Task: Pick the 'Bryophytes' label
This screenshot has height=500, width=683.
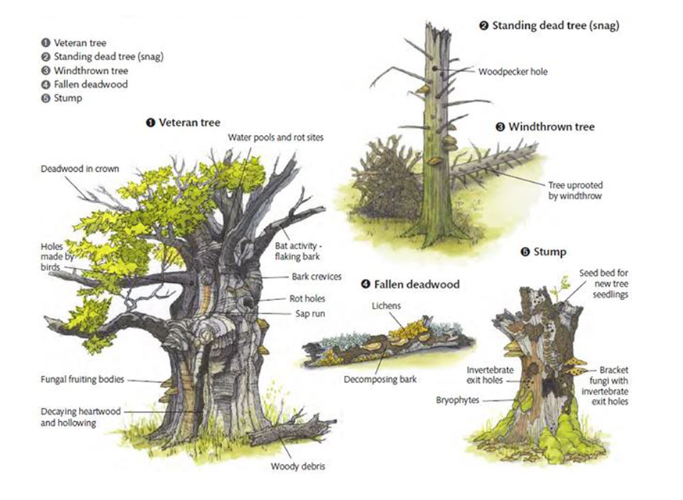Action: click(x=458, y=399)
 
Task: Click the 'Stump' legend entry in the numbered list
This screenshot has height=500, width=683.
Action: click(x=68, y=98)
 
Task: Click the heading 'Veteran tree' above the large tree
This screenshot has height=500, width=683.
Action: click(x=188, y=122)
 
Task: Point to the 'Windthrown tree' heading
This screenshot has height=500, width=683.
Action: click(x=550, y=127)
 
